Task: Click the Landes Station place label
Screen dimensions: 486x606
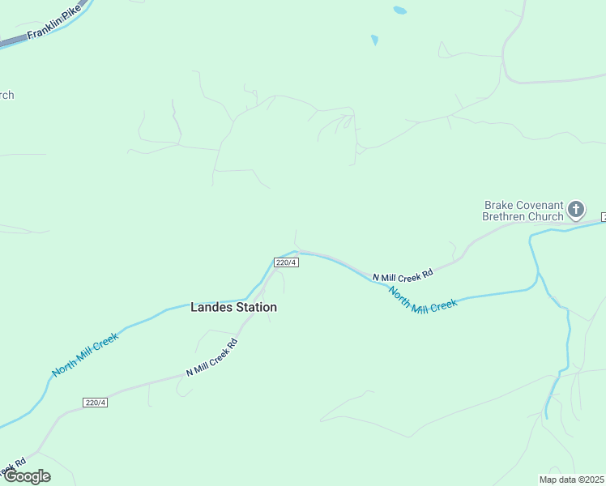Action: point(233,307)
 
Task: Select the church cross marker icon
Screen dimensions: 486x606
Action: point(576,211)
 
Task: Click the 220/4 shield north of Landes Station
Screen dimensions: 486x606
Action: point(287,262)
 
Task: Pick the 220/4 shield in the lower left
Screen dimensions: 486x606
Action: point(96,403)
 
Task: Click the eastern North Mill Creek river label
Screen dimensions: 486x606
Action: point(422,301)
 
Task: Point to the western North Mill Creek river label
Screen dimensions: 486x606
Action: point(85,354)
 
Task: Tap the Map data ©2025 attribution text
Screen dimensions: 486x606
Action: point(571,480)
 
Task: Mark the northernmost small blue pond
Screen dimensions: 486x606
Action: point(399,11)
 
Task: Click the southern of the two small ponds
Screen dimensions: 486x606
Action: point(374,40)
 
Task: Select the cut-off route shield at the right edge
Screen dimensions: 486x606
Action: point(603,217)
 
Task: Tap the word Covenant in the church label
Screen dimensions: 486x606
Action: point(540,206)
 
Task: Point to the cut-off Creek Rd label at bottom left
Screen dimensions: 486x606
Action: point(11,468)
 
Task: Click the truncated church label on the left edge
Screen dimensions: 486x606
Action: point(6,95)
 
